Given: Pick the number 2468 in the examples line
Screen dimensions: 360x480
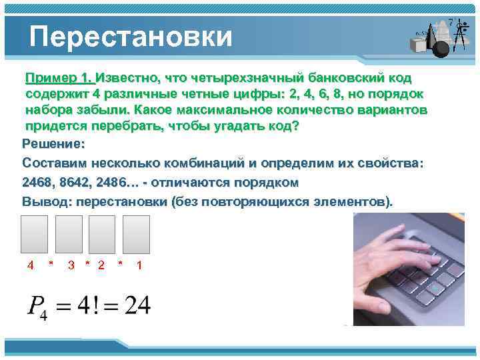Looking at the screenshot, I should click(x=37, y=182).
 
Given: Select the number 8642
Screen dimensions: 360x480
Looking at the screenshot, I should click(x=73, y=182).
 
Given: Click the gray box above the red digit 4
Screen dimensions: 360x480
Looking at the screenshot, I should click(x=35, y=234).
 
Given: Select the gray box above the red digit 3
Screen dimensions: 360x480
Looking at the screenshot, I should click(x=69, y=234).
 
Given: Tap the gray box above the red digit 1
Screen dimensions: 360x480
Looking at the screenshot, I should click(x=137, y=234).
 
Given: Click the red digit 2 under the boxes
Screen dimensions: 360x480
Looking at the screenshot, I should click(x=101, y=265).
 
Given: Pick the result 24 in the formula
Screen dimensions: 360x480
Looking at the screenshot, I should click(x=137, y=306).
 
